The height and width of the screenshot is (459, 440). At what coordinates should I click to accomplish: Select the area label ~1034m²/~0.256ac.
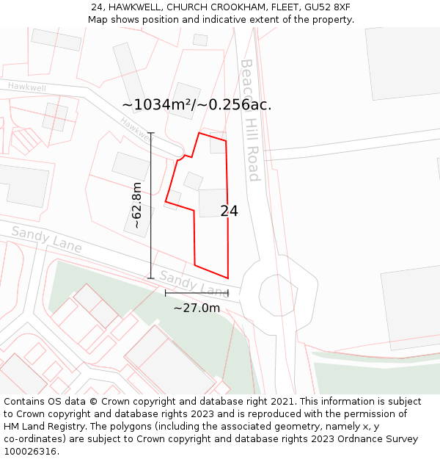point(197,105)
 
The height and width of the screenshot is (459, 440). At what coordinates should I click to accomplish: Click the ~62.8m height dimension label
point(136,205)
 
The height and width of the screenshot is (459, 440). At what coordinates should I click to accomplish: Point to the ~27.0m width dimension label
point(197,308)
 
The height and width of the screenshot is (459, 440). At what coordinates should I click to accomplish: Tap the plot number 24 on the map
point(229,211)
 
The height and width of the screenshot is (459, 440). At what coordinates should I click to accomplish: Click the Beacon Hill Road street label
point(251,120)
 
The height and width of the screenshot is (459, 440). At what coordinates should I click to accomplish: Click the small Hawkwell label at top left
point(26,87)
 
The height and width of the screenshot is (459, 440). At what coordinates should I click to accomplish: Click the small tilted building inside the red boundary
point(193,181)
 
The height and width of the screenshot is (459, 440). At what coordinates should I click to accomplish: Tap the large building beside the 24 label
point(212,203)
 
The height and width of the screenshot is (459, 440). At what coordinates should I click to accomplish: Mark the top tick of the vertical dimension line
point(151,133)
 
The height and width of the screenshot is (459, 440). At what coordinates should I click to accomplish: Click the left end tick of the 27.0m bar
point(165,293)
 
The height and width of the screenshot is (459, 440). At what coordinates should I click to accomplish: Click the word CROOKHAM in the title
point(235,7)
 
